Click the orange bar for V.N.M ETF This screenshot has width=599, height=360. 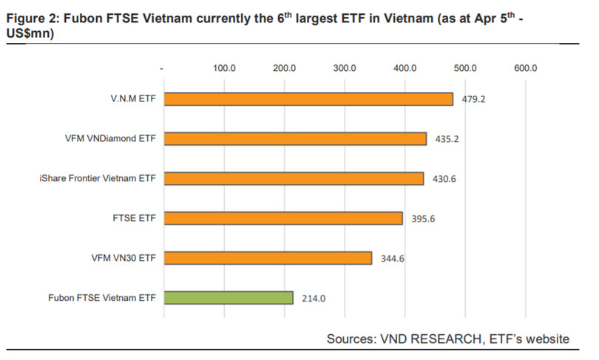point(308,99)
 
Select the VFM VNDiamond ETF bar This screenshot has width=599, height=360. point(295,139)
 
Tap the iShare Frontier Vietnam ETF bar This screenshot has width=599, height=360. point(294,178)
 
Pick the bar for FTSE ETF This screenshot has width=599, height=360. point(283,218)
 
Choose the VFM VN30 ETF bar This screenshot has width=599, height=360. point(268,258)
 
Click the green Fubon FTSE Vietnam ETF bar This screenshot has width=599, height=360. point(229,298)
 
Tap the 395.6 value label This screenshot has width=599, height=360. point(423,219)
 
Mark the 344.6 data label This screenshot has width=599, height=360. point(392,259)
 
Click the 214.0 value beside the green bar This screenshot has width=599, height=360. point(314,299)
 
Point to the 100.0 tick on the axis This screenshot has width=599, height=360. point(224,68)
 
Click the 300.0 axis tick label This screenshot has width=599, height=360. point(345,68)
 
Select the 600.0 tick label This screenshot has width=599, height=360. point(525,68)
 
